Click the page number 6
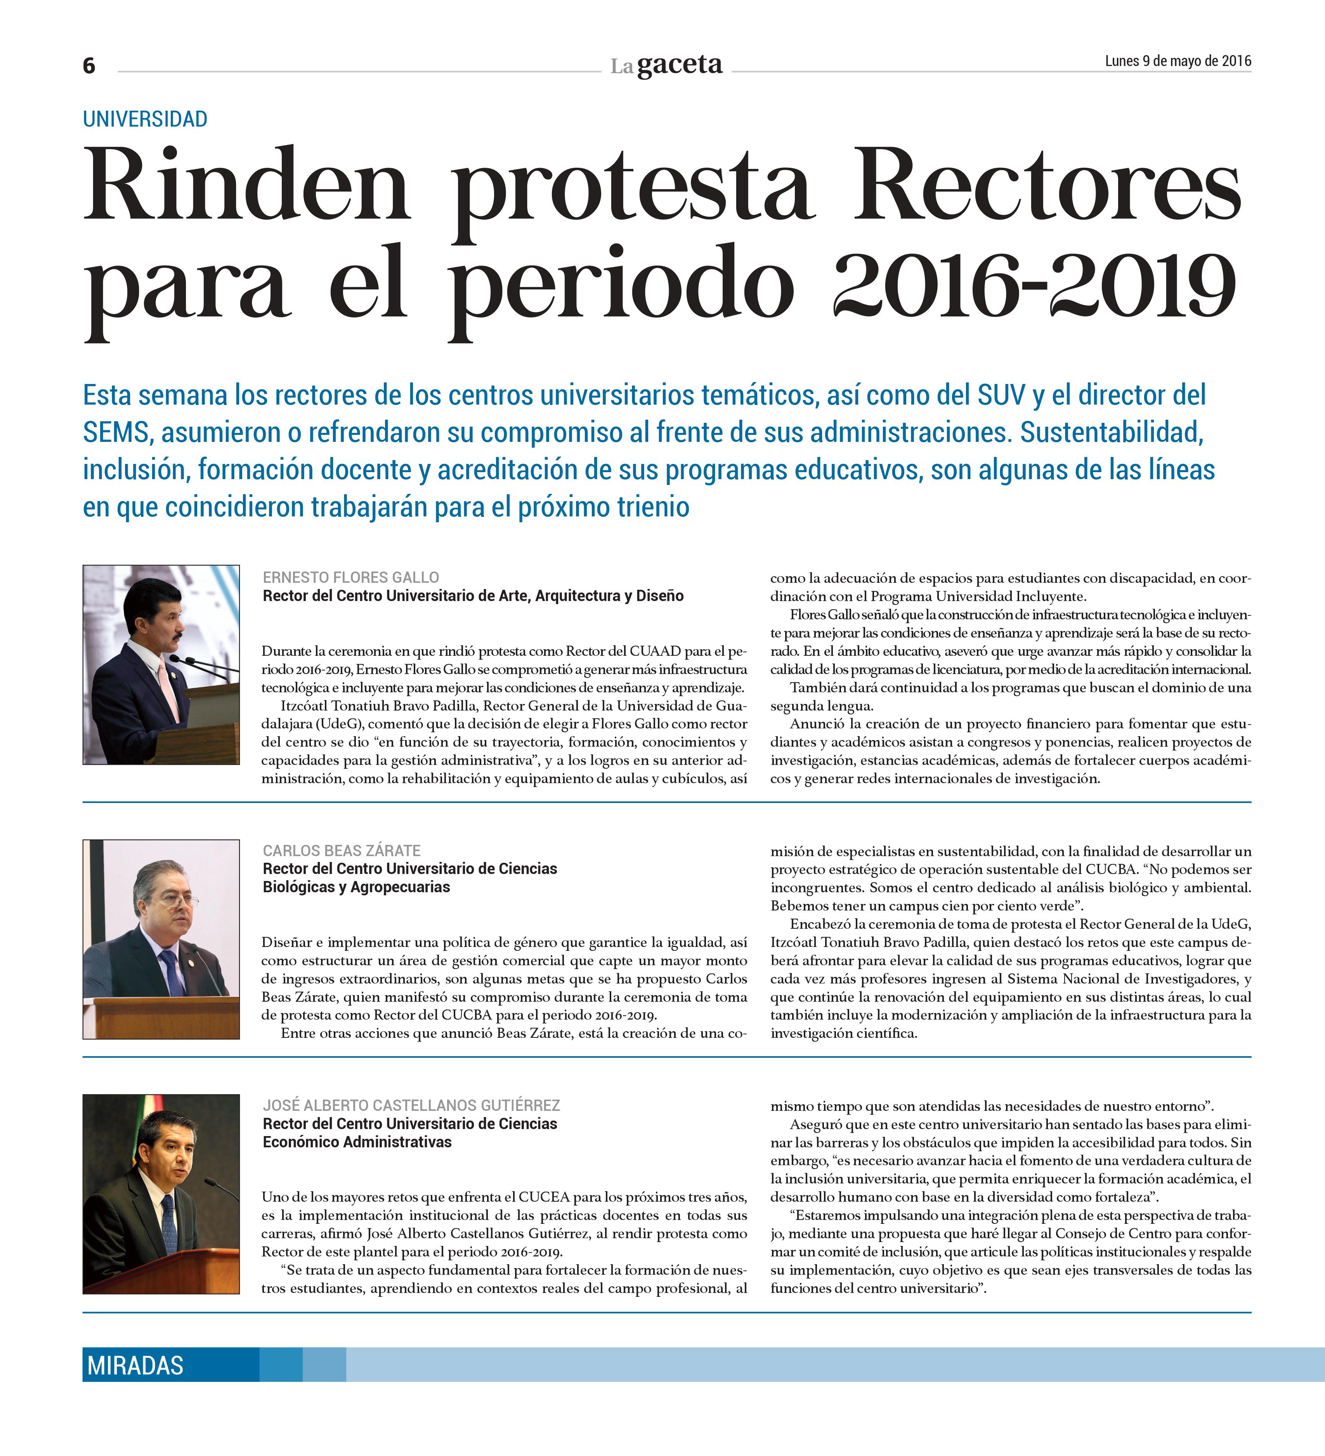point(89,66)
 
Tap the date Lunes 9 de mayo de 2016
point(1177,61)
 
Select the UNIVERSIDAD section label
point(145,119)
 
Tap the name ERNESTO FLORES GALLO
point(351,577)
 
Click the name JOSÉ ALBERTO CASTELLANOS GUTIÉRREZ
point(411,1105)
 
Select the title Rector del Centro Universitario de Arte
point(473,596)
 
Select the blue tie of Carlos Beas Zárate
point(171,971)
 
